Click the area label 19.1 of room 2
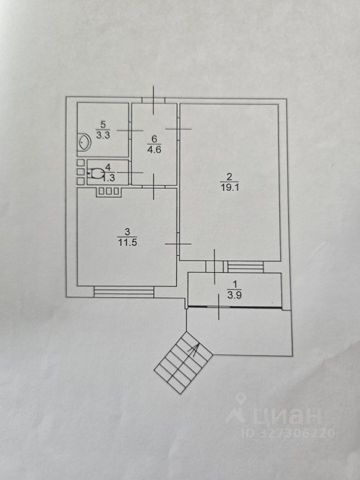228,187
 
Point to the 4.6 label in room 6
153,148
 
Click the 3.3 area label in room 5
103,135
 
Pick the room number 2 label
229,176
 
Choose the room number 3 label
126,231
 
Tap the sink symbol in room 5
83,142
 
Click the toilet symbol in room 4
95,174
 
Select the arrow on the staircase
192,350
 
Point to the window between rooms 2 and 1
245,266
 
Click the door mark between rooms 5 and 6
130,129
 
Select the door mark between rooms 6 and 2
178,129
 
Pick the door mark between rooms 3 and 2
178,244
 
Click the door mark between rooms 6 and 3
154,186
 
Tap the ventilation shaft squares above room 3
108,190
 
